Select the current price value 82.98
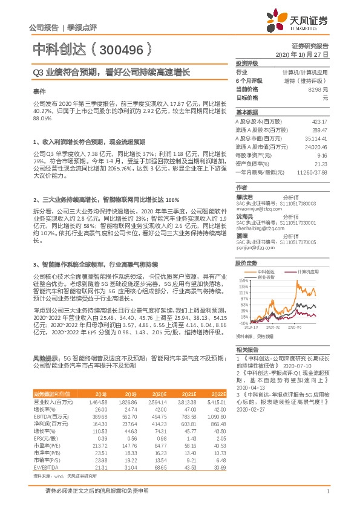coord(318,89)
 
